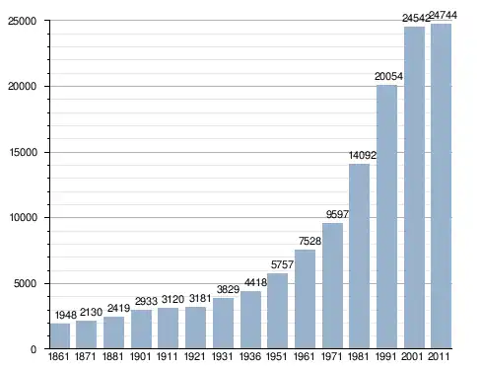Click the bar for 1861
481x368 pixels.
click(x=60, y=335)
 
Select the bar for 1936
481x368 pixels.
click(x=250, y=320)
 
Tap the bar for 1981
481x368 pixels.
click(x=359, y=257)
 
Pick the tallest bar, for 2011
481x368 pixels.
click(x=441, y=186)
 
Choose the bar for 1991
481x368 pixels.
click(x=386, y=217)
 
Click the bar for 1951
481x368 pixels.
click(x=277, y=311)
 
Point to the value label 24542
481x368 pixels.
click(x=416, y=18)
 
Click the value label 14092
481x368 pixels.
click(x=363, y=155)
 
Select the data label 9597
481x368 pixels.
click(x=337, y=214)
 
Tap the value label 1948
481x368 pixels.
click(x=66, y=315)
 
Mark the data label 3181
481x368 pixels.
click(x=200, y=298)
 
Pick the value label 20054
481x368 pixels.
click(x=388, y=76)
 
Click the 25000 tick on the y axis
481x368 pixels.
click(x=23, y=21)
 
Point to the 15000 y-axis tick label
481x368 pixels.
click(x=23, y=152)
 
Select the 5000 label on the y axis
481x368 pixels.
click(x=25, y=283)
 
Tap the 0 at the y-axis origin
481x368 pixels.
click(x=34, y=349)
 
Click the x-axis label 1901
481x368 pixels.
click(x=140, y=356)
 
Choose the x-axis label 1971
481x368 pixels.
click(x=331, y=356)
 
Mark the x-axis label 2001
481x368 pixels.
click(x=412, y=356)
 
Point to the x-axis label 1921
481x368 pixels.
click(x=195, y=356)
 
